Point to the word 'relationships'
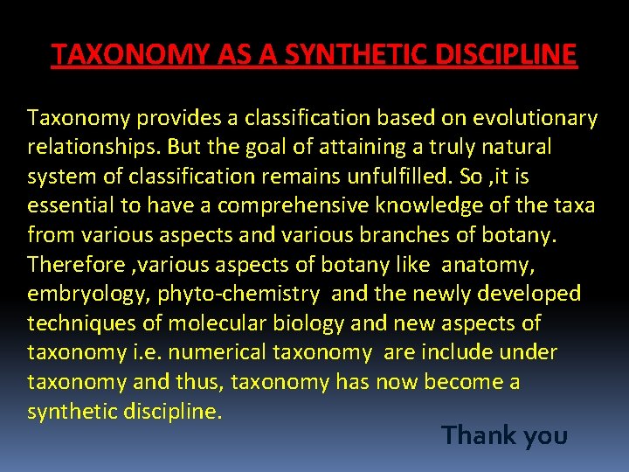pos(93,148)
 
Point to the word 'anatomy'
pos(501,265)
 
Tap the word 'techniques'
pos(81,323)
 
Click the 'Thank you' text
pos(504,434)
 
